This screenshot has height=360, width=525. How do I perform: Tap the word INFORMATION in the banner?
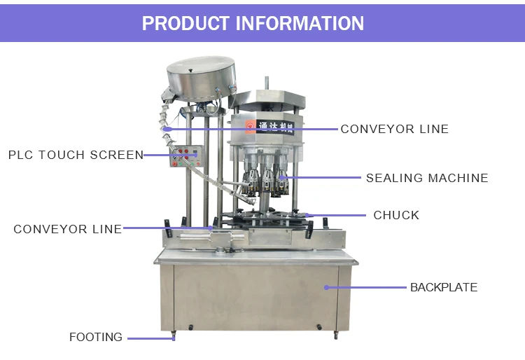point(300,23)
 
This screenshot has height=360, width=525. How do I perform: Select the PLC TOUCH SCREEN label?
point(76,155)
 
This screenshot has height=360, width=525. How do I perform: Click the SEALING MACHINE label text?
point(427,178)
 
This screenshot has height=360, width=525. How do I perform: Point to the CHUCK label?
point(396,215)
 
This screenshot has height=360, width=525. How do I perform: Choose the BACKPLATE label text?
point(444,287)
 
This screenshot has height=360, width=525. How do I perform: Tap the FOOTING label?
point(96,338)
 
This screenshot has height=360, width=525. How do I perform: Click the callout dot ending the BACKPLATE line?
point(325,287)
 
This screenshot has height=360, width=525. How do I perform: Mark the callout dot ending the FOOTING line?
point(174,338)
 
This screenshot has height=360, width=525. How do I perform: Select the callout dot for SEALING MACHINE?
point(283,178)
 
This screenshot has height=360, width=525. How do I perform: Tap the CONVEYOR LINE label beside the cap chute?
point(394,129)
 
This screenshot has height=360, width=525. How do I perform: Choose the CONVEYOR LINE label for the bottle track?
point(67,229)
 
